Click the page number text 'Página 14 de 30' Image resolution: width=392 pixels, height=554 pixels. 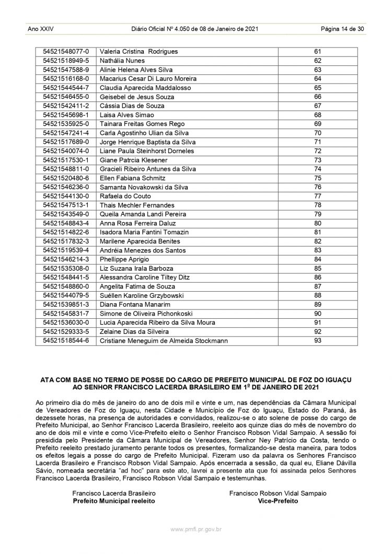coord(342,29)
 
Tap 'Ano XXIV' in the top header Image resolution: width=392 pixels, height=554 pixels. coord(39,29)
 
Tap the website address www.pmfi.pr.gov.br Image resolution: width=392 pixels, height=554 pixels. coord(195,529)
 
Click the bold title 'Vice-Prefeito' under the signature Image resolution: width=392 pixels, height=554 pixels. coord(278,500)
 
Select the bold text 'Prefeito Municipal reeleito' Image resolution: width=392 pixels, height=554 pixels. coord(113,500)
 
